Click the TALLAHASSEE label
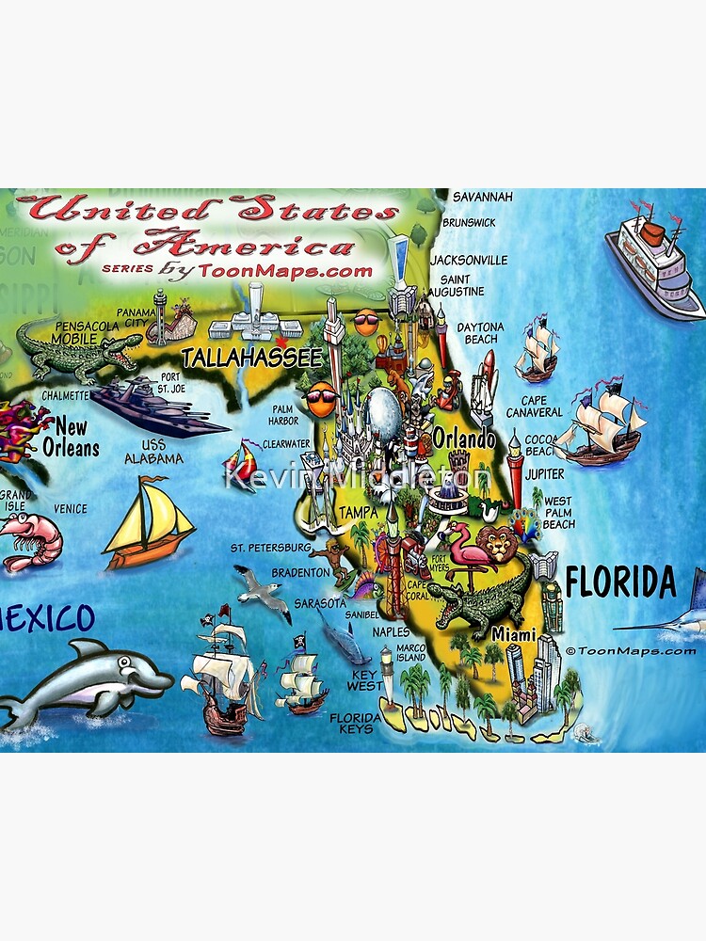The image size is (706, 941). pyautogui.click(x=251, y=357)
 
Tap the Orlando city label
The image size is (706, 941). pyautogui.click(x=464, y=439)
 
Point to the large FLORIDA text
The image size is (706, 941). pyautogui.click(x=621, y=583)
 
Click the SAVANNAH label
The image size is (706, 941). pyautogui.click(x=483, y=198)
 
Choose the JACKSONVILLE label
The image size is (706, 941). pyautogui.click(x=469, y=260)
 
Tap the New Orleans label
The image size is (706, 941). pyautogui.click(x=71, y=436)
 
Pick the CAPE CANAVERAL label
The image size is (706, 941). pyautogui.click(x=534, y=406)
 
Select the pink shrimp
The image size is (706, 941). pyautogui.click(x=28, y=541)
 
